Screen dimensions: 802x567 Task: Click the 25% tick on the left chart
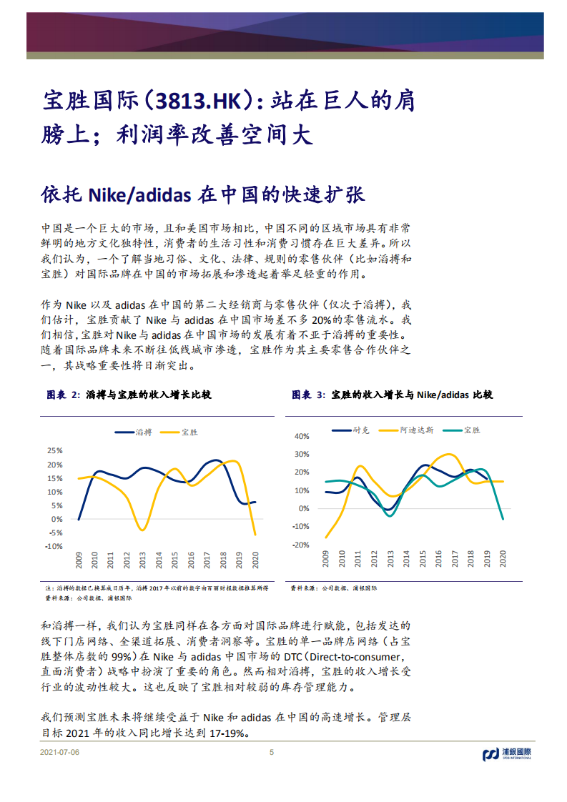point(54,451)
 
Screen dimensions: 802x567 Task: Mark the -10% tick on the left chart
point(54,546)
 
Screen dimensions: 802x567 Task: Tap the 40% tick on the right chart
point(301,436)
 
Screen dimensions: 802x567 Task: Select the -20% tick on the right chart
point(300,545)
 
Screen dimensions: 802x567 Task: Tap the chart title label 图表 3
point(308,395)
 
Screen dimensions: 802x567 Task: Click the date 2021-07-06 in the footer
point(60,753)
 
